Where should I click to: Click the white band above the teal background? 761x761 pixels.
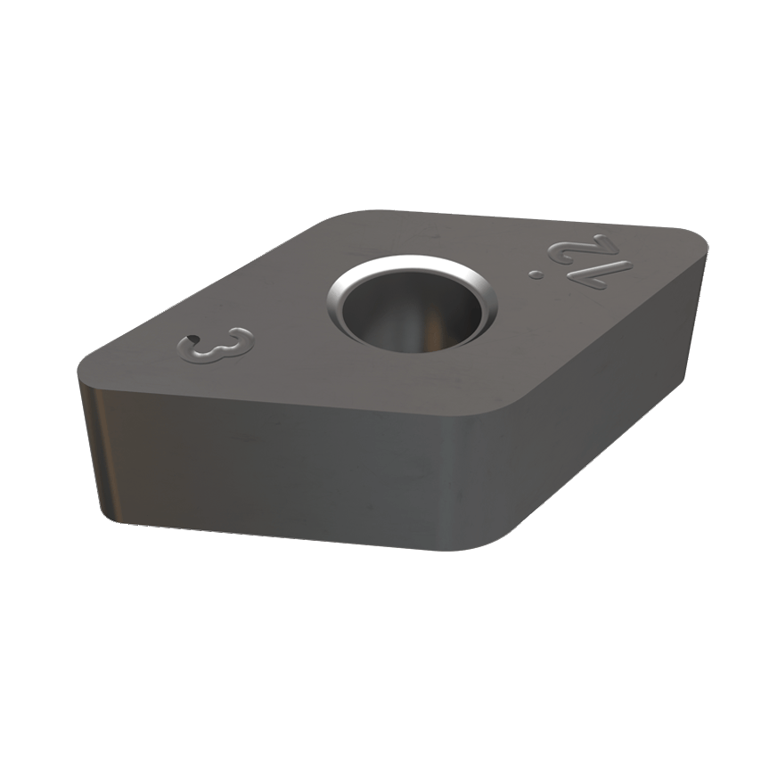tap(380, 71)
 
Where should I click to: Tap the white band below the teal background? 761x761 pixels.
tap(380, 686)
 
